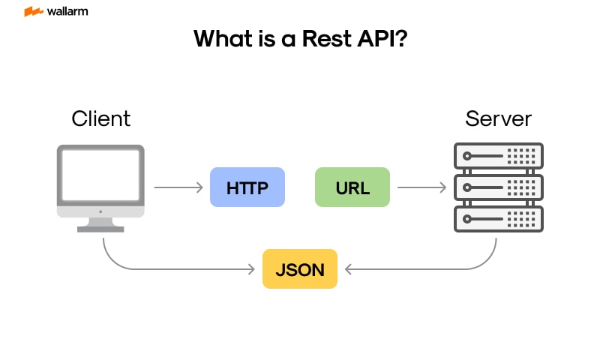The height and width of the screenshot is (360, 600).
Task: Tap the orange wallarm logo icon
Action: (x=33, y=12)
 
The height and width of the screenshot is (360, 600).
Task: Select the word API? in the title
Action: (x=382, y=39)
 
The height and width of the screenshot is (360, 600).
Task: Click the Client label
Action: (x=100, y=118)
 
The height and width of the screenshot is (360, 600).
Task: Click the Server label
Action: (x=498, y=118)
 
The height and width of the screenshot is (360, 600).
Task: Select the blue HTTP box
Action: (x=247, y=187)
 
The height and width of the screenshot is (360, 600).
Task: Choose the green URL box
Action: (x=352, y=187)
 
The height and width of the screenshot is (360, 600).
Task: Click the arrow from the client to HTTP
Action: (x=178, y=187)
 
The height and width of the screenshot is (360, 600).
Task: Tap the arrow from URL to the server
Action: (x=421, y=187)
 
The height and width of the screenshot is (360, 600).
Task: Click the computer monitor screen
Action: (x=100, y=174)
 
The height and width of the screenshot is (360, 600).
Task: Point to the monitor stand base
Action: (x=100, y=227)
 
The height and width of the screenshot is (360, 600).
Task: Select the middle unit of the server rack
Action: (x=498, y=187)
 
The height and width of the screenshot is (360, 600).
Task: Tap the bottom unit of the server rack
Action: (x=498, y=218)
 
